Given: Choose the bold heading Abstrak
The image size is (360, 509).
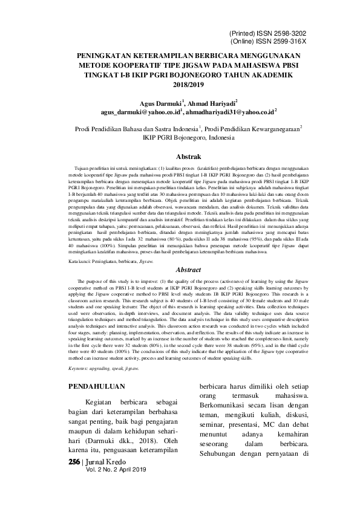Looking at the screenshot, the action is coord(180,155).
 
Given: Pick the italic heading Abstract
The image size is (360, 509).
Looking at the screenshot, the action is coord(180,270).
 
